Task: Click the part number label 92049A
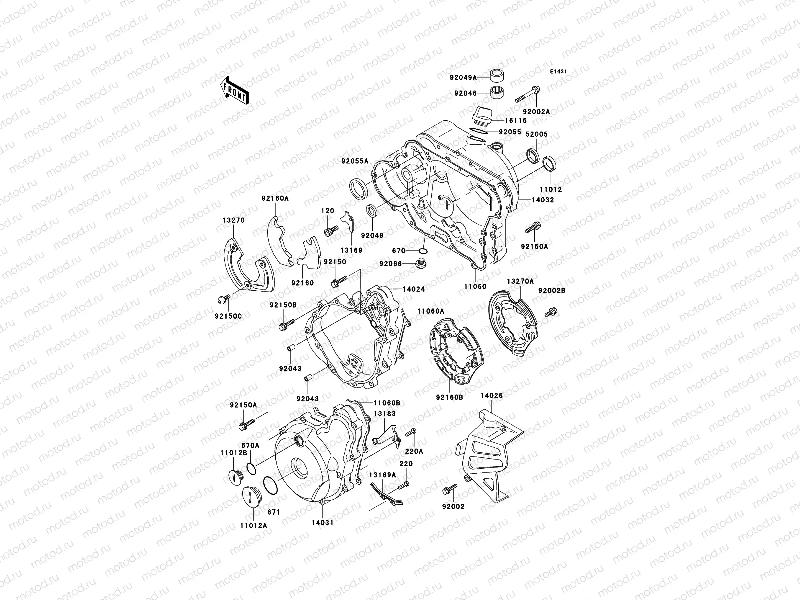[462, 77]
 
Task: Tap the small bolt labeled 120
[329, 232]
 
